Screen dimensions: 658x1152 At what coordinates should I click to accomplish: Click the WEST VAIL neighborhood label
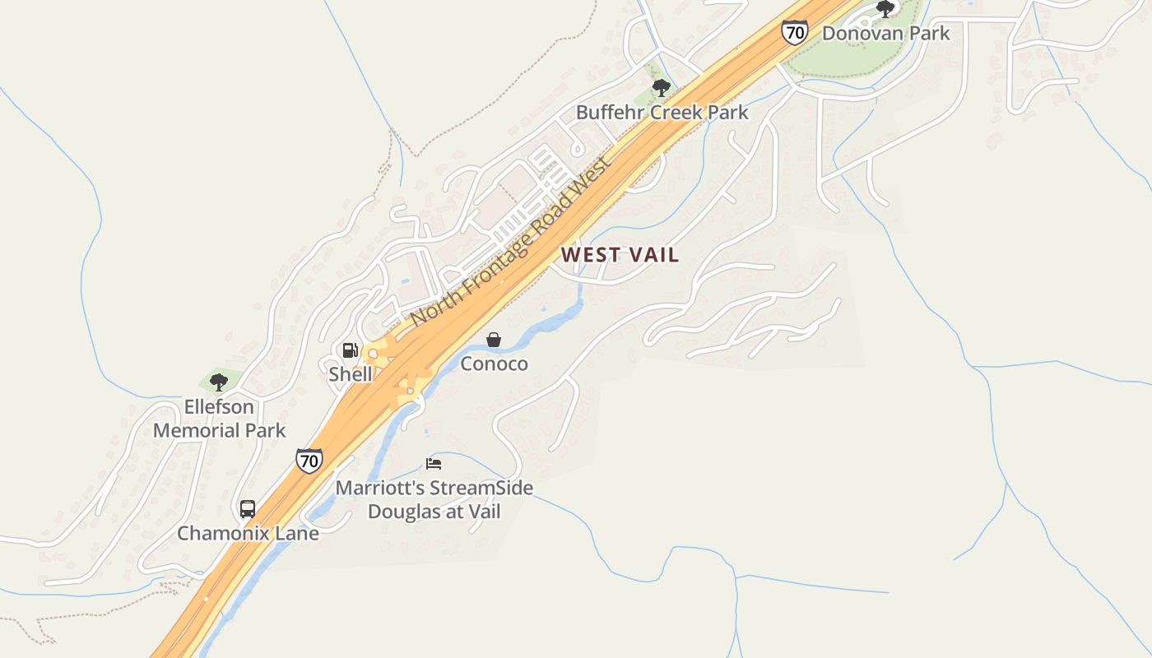tap(620, 255)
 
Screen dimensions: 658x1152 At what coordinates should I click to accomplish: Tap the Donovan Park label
tap(886, 34)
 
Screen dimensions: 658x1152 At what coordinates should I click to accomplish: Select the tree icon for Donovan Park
tap(885, 10)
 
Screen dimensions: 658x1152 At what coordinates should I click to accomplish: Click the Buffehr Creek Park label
tap(662, 113)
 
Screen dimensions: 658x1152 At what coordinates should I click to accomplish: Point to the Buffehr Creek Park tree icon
tap(661, 88)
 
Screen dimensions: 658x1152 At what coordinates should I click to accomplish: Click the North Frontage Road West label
tap(511, 241)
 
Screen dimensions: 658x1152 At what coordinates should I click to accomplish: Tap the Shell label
tap(351, 374)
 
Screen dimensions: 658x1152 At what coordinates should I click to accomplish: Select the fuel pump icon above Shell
tap(351, 351)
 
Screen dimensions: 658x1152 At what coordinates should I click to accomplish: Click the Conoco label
tap(494, 364)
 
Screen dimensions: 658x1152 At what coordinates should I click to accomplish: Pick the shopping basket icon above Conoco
tap(494, 340)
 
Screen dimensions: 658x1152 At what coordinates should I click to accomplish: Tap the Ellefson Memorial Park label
tap(219, 419)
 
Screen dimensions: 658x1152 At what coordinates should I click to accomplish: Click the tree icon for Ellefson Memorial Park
tap(218, 382)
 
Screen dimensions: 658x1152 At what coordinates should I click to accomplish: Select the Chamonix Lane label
tap(248, 533)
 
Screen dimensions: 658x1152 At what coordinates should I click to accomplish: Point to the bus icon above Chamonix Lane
tap(248, 509)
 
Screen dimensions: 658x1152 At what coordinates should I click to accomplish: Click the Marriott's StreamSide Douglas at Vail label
tap(434, 499)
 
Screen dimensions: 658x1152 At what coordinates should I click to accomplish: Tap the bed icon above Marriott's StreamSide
tap(434, 464)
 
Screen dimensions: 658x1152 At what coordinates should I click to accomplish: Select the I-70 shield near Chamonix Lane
tap(309, 461)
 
